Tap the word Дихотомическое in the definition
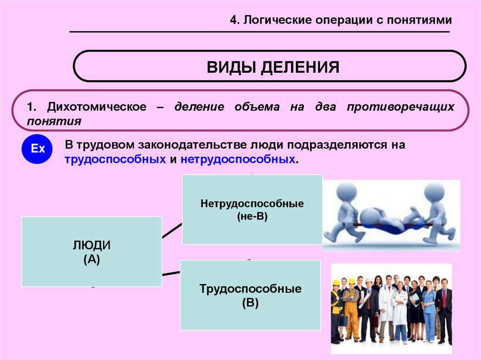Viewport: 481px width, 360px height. [x=93, y=107]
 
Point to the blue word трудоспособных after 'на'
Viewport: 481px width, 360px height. [x=116, y=159]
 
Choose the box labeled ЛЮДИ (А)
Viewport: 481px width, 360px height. [x=92, y=251]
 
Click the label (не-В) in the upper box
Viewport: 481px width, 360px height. [x=252, y=216]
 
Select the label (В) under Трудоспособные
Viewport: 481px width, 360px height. [x=250, y=303]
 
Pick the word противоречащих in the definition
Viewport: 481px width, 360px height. [x=401, y=107]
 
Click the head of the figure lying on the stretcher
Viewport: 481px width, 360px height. [x=370, y=216]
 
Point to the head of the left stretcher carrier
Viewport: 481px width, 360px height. [x=347, y=192]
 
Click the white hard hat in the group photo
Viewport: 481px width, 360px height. [x=369, y=281]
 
